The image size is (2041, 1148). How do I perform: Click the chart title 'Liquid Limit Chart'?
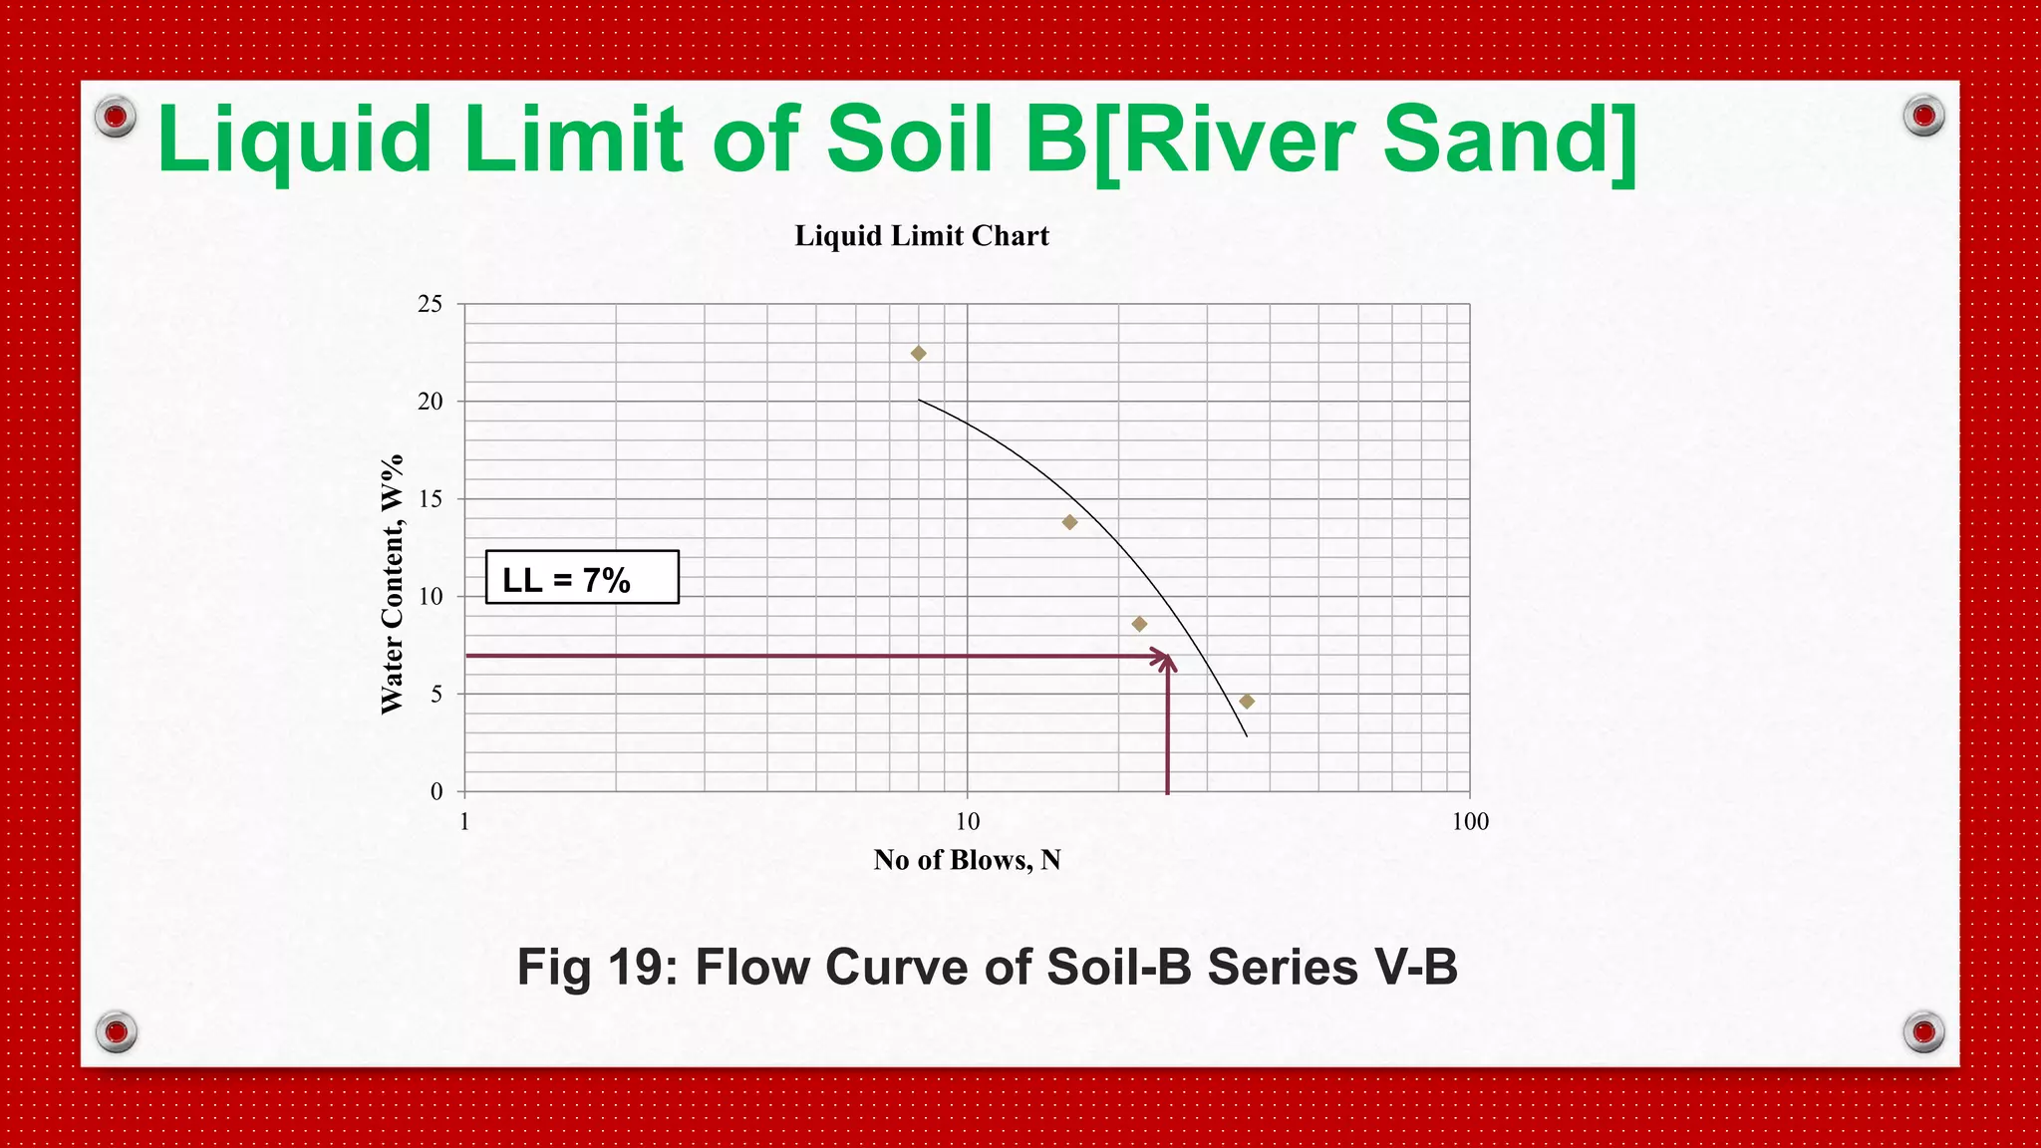(x=922, y=236)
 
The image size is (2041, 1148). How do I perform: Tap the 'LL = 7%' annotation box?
(x=582, y=578)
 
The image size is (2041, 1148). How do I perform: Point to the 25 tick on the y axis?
(x=431, y=304)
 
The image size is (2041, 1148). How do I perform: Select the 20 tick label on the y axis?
(x=431, y=402)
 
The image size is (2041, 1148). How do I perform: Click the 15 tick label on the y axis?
(x=431, y=499)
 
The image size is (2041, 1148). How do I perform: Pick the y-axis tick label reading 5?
(x=437, y=695)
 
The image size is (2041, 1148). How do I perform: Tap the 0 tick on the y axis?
(x=437, y=792)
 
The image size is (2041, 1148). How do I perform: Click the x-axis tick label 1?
(x=464, y=822)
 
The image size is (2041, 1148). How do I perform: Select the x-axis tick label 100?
(x=1470, y=822)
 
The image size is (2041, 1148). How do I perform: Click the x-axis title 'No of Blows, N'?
(x=967, y=860)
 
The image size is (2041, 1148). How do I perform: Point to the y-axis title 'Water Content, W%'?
(x=392, y=584)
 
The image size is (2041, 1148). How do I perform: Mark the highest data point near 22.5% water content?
(x=919, y=354)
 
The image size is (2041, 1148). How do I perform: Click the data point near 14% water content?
(x=1069, y=522)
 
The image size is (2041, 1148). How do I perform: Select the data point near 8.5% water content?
(x=1139, y=624)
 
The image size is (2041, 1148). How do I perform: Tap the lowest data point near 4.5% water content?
(x=1247, y=702)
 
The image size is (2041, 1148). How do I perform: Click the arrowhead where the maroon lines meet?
(x=1165, y=659)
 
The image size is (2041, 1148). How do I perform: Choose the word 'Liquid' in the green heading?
(x=294, y=142)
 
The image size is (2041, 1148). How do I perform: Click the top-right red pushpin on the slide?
(x=1923, y=116)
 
